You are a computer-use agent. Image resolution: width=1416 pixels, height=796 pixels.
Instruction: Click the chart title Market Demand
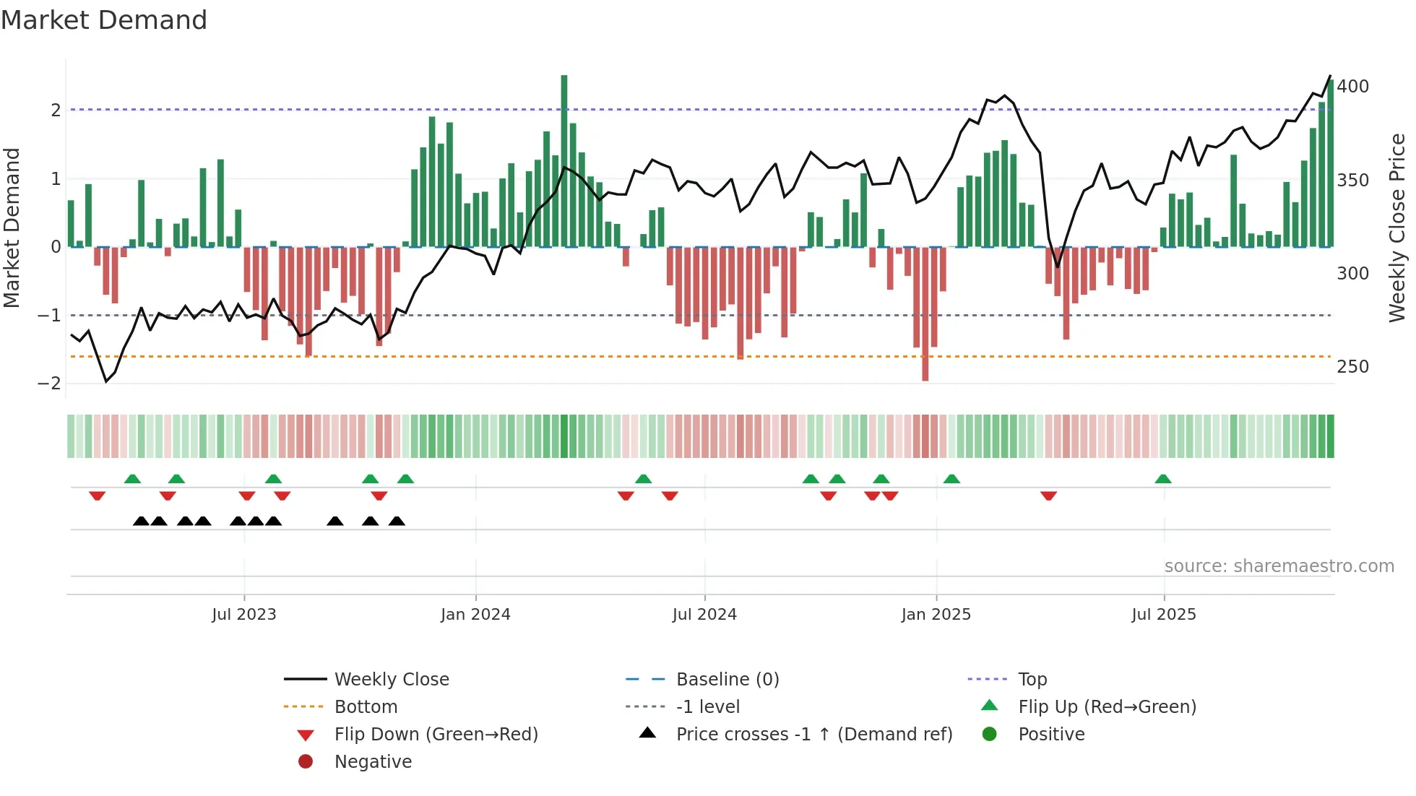coord(104,20)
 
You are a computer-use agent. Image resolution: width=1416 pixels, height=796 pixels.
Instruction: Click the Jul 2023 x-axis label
coord(243,615)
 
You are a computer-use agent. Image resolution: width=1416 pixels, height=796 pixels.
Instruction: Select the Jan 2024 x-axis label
coord(475,615)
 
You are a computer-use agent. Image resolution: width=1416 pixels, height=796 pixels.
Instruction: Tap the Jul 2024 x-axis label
coord(704,615)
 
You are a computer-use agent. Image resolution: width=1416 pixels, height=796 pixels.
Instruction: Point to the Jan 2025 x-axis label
coord(936,615)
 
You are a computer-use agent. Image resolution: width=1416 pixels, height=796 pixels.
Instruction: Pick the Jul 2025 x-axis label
coord(1164,615)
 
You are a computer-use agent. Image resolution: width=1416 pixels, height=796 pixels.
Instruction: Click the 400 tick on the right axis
coord(1352,87)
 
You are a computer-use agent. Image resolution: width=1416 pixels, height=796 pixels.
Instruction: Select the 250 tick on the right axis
coord(1352,367)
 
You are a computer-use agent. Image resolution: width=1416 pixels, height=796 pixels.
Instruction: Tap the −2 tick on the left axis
coord(49,384)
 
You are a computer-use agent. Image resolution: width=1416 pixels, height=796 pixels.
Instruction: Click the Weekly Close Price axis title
coord(1397,228)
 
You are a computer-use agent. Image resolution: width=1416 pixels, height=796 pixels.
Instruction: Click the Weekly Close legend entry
coord(391,680)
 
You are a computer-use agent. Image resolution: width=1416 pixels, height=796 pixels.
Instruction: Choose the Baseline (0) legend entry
coord(727,680)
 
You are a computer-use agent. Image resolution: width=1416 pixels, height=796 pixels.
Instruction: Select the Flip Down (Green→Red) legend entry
coord(436,735)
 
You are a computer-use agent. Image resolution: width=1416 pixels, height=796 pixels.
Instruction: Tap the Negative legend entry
coord(373,762)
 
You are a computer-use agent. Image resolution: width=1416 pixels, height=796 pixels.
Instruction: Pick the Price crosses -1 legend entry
coord(813,735)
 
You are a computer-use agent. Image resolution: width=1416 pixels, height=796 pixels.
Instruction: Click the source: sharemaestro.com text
coord(1279,566)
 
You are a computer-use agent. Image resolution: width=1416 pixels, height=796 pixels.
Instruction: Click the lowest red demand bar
coord(925,314)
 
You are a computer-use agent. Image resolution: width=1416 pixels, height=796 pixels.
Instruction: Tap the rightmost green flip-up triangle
coord(1163,479)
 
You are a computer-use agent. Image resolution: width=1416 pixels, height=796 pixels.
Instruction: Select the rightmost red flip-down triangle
coord(1049,496)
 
